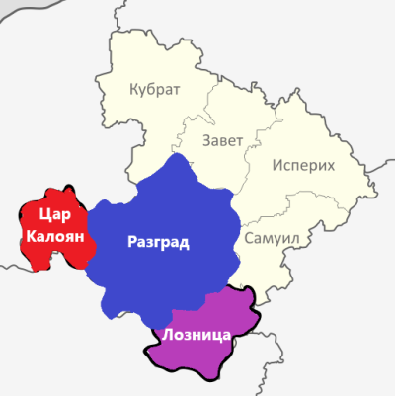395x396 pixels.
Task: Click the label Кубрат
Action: point(155,90)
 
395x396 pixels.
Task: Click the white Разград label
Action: point(158,242)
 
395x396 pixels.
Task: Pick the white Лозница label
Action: point(198,335)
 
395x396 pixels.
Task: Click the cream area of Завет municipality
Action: point(222,114)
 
